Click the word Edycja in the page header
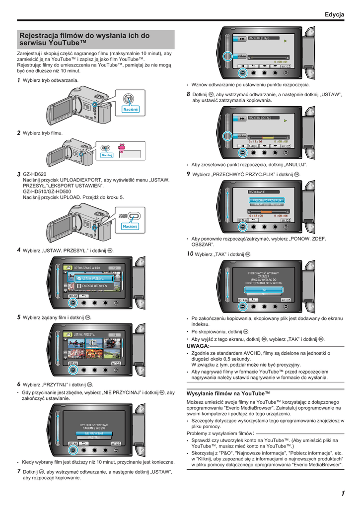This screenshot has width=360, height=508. [x=334, y=15]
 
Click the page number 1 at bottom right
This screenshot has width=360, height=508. [x=343, y=493]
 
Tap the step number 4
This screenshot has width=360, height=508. [x=19, y=250]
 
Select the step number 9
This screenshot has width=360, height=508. [x=188, y=174]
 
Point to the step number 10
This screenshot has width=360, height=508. [x=190, y=254]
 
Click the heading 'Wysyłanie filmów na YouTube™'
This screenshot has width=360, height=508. [x=228, y=393]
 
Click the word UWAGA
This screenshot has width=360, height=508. [x=198, y=345]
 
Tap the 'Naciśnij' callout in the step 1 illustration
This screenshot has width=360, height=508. [x=130, y=109]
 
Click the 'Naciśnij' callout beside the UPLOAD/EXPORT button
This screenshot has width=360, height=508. [x=130, y=226]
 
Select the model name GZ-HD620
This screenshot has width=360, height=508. [x=34, y=174]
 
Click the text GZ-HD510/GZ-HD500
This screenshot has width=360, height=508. [x=47, y=191]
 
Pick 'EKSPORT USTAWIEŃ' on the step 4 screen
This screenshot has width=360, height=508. [x=94, y=286]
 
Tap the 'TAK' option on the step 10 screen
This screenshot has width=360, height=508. [x=264, y=289]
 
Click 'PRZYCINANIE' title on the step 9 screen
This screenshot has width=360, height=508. [x=257, y=191]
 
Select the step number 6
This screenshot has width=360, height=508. [x=19, y=384]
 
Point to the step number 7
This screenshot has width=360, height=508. [x=19, y=471]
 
